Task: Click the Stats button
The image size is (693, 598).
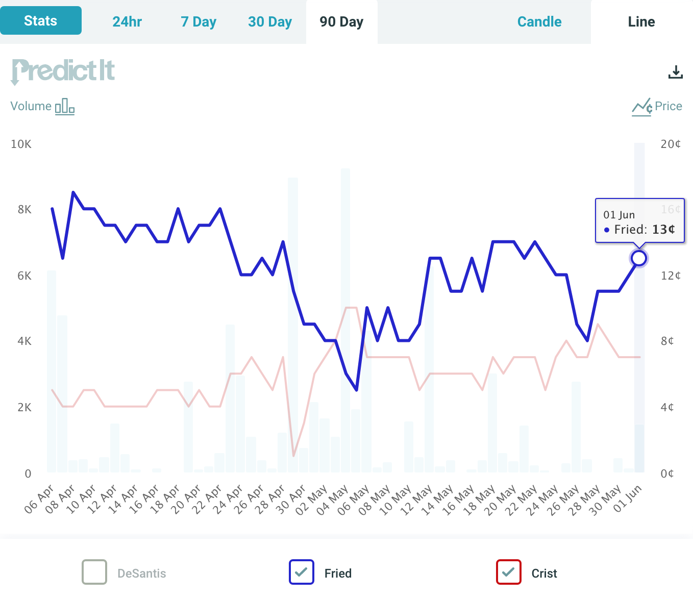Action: pos(41,21)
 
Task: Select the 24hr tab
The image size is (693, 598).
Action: pos(127,22)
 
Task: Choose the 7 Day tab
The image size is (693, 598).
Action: pos(199,22)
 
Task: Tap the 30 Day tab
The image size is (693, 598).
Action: pos(270,22)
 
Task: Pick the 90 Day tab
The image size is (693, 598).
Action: pos(341,22)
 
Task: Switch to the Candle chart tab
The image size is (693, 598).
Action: pos(539,22)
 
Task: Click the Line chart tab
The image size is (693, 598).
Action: pos(641,22)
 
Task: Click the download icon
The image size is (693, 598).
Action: pos(675,72)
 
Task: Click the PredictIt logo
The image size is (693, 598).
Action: pos(63,71)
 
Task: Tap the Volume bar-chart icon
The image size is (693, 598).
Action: pos(65,106)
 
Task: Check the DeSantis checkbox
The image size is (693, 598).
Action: pos(94,572)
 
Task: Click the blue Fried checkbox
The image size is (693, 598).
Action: pos(302,572)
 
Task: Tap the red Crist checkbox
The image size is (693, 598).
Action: pos(509,572)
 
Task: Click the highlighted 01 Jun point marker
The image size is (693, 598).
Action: pos(639,258)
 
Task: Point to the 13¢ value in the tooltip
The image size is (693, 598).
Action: pos(663,230)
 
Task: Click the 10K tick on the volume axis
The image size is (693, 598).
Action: pos(21,144)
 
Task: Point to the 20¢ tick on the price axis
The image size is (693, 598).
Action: pos(671,144)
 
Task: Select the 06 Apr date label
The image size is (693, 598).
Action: pos(39,499)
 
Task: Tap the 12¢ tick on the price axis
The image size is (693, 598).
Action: pos(671,276)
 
